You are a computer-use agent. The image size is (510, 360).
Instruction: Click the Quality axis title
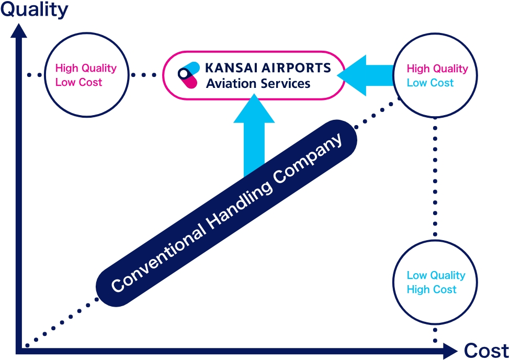click(x=35, y=9)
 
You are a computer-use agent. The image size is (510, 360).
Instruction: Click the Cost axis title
click(x=486, y=350)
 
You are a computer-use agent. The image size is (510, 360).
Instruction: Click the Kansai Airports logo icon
click(x=188, y=75)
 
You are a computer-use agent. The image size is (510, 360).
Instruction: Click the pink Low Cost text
click(x=78, y=83)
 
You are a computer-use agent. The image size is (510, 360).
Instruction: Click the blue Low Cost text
click(x=430, y=83)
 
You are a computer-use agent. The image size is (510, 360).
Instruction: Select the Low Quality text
click(x=436, y=275)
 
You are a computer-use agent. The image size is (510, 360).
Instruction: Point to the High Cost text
click(x=432, y=289)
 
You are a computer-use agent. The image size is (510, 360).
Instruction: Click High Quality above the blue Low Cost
click(x=437, y=69)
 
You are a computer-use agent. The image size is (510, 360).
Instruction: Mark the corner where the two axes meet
click(x=20, y=347)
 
